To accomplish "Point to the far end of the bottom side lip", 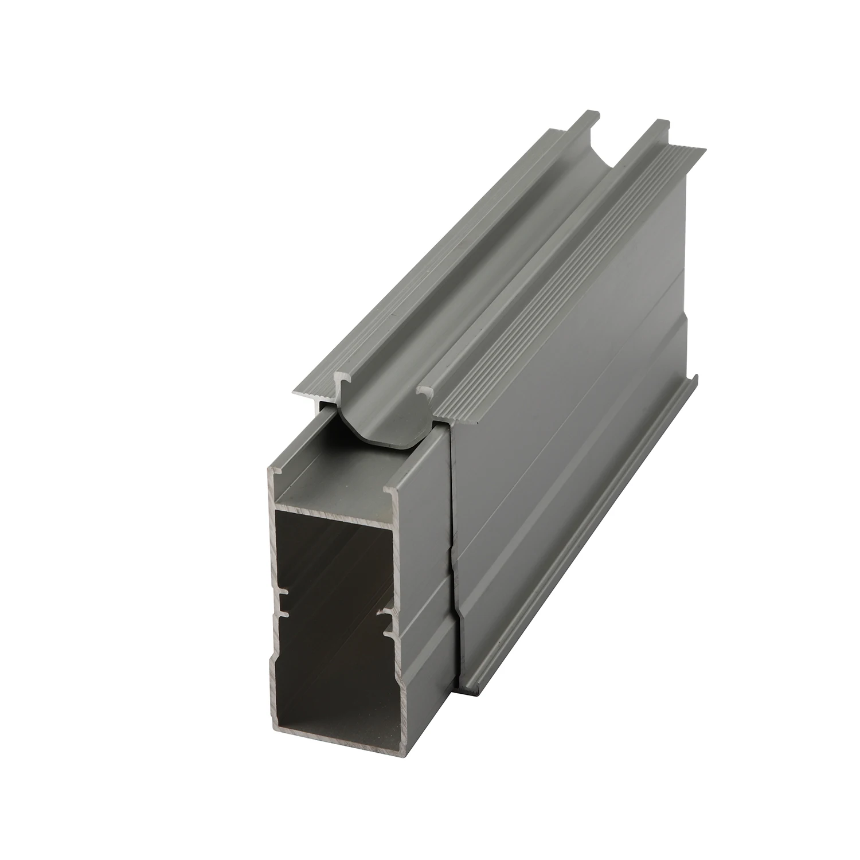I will click(x=695, y=378).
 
